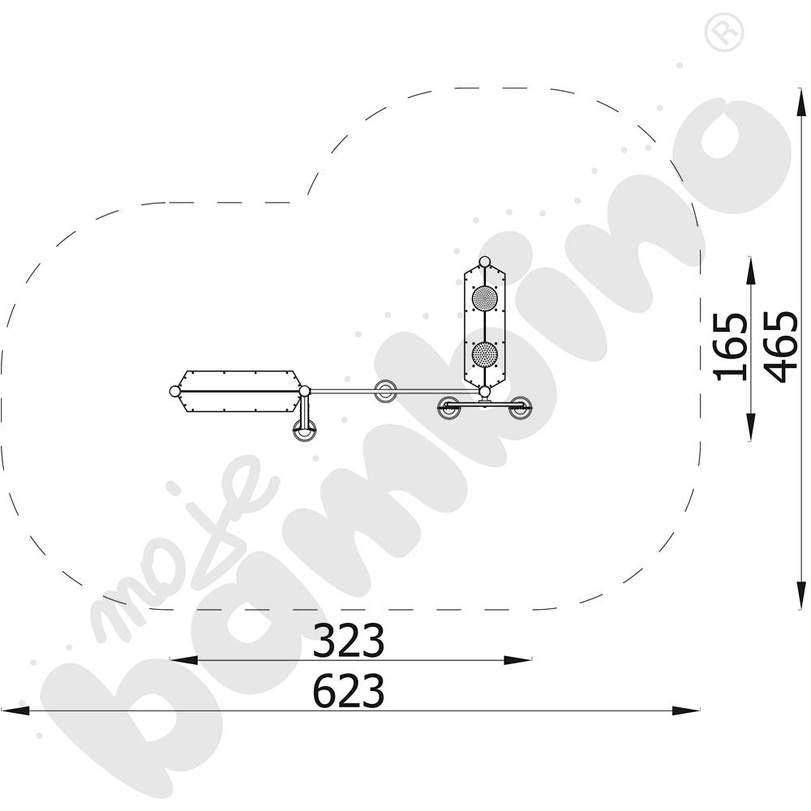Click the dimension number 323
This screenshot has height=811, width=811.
[x=349, y=641]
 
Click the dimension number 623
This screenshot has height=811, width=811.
[x=349, y=690]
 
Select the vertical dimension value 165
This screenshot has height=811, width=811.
[x=731, y=347]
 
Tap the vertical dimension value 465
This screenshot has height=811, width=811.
[x=780, y=347]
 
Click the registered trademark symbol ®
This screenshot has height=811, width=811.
[x=724, y=31]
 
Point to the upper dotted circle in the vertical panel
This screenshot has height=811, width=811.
[x=485, y=298]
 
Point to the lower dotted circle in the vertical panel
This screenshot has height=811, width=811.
[x=485, y=355]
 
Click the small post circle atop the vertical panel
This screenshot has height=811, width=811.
[x=485, y=262]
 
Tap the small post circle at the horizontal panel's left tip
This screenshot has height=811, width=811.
[x=175, y=392]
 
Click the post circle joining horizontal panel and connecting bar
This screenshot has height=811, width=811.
[x=305, y=391]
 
